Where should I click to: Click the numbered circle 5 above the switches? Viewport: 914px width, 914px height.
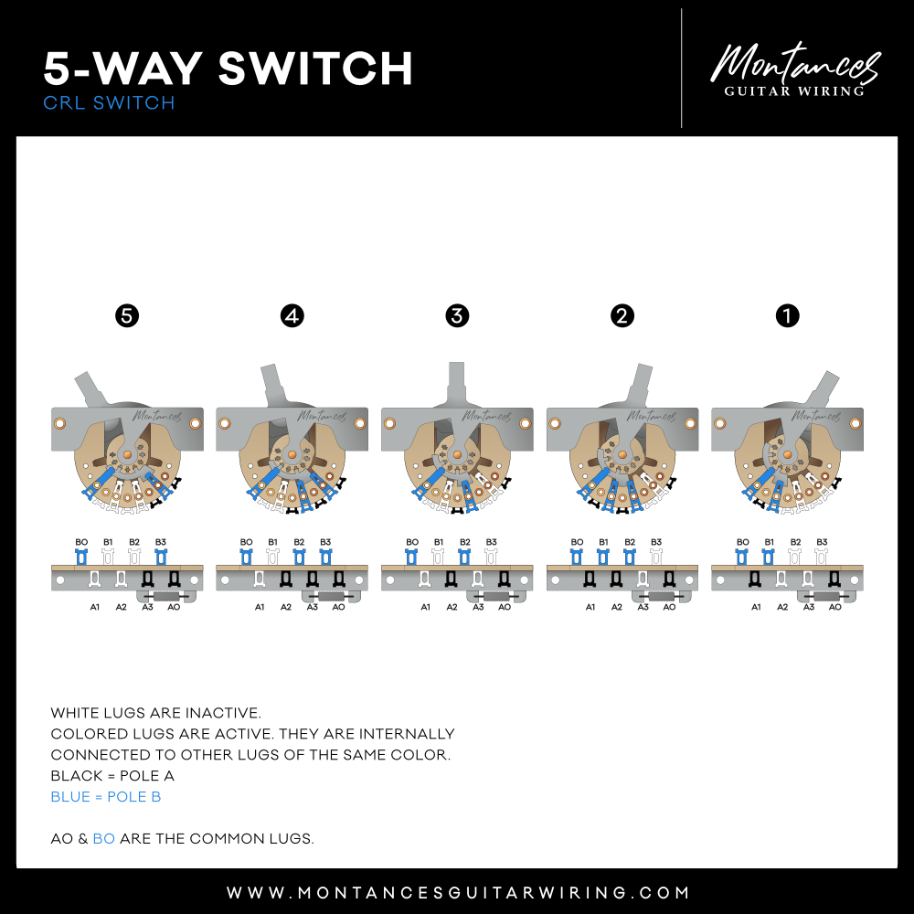(x=127, y=316)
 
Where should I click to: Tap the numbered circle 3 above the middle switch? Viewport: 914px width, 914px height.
(x=457, y=316)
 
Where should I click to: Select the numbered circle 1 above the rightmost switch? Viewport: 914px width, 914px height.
(x=788, y=316)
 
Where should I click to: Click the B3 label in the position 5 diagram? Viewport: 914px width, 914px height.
(x=161, y=542)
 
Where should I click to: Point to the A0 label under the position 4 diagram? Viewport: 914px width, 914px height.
(x=339, y=607)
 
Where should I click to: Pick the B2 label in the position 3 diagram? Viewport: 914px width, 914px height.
(x=464, y=542)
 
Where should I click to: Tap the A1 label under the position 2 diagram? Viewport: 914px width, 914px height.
(x=590, y=607)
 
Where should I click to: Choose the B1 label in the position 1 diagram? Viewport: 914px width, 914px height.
(x=770, y=542)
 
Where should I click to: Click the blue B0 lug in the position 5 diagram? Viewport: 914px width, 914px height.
(x=81, y=558)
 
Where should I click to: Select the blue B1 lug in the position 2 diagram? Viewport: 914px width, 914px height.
(x=603, y=558)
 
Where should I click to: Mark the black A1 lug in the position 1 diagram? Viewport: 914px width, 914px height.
(x=755, y=579)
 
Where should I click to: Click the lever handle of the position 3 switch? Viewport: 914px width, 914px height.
(x=456, y=382)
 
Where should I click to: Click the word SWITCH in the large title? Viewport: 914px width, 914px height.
(x=315, y=69)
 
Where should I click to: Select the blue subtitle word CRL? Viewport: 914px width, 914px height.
(x=64, y=102)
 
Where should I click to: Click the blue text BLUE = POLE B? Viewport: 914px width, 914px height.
(x=106, y=797)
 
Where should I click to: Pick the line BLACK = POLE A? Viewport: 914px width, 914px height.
(x=112, y=776)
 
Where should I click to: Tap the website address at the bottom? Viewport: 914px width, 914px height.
(x=458, y=892)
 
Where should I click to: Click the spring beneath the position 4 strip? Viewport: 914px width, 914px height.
(x=332, y=596)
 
